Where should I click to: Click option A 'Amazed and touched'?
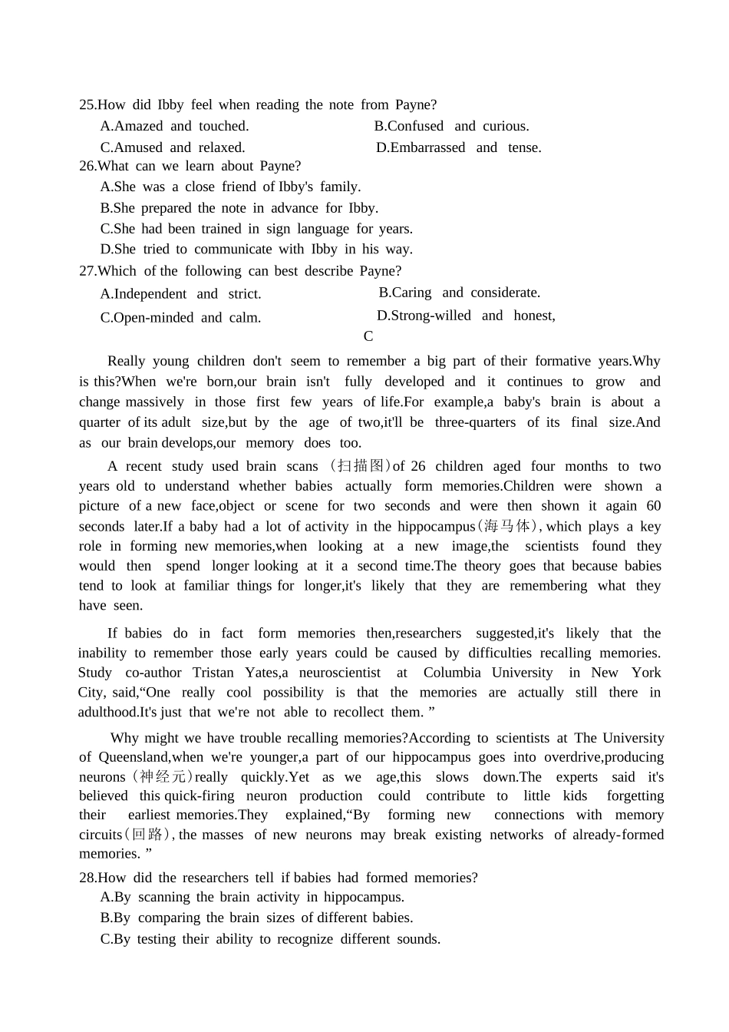pyautogui.click(x=174, y=126)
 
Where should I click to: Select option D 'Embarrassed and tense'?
pyautogui.click(x=458, y=147)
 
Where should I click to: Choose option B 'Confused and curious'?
pyautogui.click(x=451, y=126)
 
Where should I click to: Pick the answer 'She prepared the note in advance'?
pyautogui.click(x=239, y=208)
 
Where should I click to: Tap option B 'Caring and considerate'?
pyautogui.click(x=459, y=293)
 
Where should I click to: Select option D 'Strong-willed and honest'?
pyautogui.click(x=465, y=316)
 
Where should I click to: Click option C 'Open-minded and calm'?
pyautogui.click(x=180, y=318)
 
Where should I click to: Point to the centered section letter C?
pyautogui.click(x=368, y=336)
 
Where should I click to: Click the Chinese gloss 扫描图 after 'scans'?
pyautogui.click(x=360, y=466)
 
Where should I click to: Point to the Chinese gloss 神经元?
pyautogui.click(x=162, y=777)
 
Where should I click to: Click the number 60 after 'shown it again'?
pyautogui.click(x=653, y=506)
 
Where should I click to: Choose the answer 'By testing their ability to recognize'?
pyautogui.click(x=270, y=939)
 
